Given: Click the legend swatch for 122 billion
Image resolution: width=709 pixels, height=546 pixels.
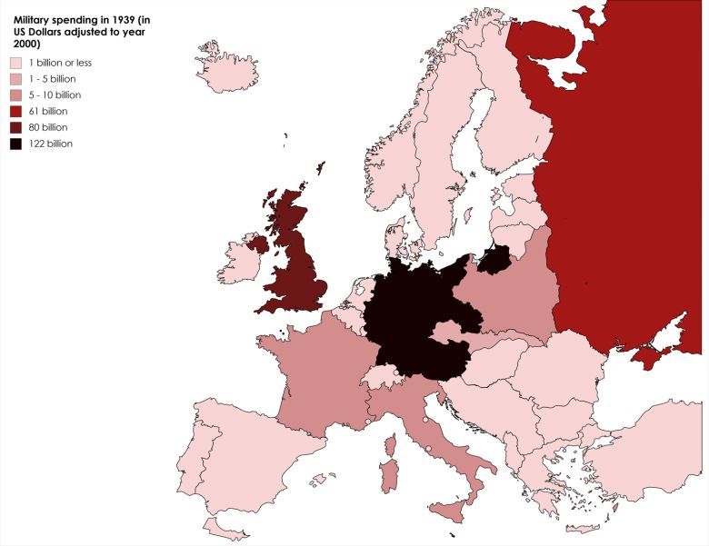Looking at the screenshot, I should (15, 144).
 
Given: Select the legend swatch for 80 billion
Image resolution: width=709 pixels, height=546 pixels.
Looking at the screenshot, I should (15, 127).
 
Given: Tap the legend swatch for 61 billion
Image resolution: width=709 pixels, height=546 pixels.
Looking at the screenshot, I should (15, 111).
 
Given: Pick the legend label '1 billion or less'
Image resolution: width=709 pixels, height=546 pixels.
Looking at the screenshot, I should (61, 63).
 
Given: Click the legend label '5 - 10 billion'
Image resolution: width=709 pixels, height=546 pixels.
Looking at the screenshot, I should (55, 94).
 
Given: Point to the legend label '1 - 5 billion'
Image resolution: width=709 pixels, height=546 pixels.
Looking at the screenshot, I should (53, 79).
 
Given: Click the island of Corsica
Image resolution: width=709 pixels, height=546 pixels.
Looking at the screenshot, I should (392, 444).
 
